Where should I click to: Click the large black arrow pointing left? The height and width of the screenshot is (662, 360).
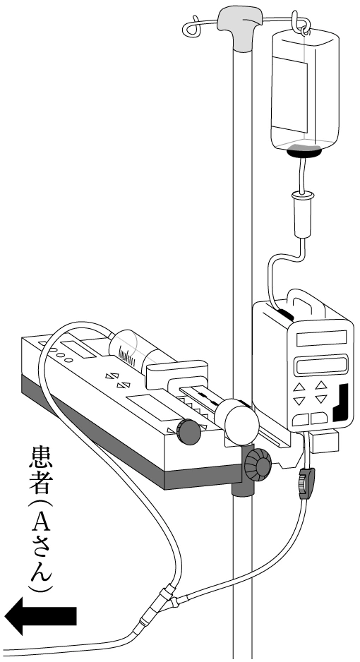(40, 616)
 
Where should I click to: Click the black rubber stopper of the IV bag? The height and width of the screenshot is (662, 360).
(304, 153)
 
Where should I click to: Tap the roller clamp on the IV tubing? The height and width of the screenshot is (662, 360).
(306, 483)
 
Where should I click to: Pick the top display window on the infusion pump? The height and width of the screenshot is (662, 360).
(322, 338)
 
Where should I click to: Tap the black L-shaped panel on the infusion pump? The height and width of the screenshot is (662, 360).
(342, 403)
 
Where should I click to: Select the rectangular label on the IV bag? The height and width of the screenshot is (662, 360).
(289, 94)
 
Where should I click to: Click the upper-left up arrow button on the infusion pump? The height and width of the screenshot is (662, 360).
(299, 387)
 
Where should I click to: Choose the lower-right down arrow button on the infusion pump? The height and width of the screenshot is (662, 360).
(321, 399)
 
